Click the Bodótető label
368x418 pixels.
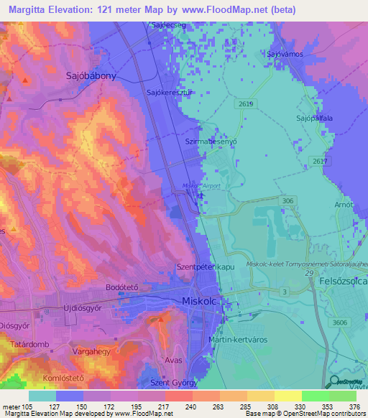[x=121, y=286]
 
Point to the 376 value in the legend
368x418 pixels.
[x=354, y=407]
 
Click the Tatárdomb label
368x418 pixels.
[x=29, y=344]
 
